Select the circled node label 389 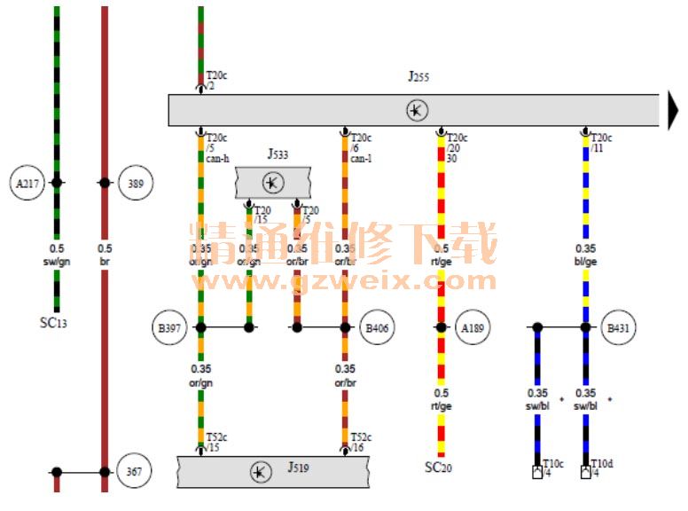click(x=135, y=184)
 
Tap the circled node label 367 click(x=135, y=471)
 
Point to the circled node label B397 click(x=168, y=328)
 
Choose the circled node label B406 click(x=378, y=328)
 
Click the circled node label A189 click(x=473, y=328)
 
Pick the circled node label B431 click(x=618, y=328)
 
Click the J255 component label click(x=418, y=77)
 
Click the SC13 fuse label click(x=54, y=323)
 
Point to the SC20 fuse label click(x=438, y=467)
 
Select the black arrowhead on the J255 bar click(x=675, y=111)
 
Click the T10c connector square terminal click(x=536, y=473)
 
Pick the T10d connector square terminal click(x=585, y=473)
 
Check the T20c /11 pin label click(x=602, y=143)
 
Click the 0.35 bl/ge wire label click(x=586, y=255)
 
